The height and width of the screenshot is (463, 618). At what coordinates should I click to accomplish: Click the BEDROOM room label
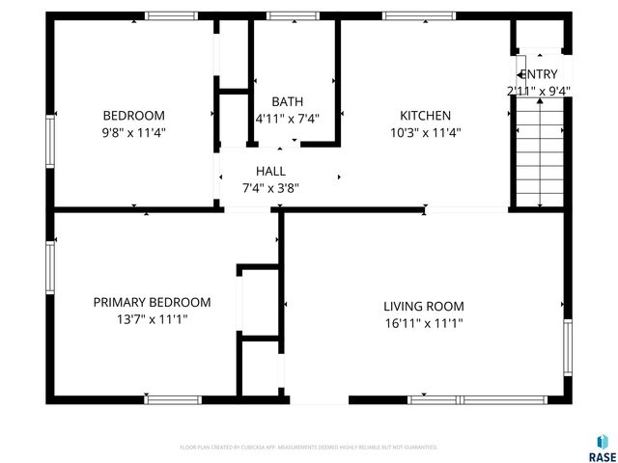(133, 116)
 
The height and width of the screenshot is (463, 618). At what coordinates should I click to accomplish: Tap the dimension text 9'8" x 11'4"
(133, 133)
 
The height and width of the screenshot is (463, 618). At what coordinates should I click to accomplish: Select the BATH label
(287, 101)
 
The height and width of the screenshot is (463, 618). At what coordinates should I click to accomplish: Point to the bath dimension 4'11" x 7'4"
(287, 119)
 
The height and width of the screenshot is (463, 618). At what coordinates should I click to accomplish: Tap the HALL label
(270, 171)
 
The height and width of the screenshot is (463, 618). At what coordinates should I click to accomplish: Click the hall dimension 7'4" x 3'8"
(270, 188)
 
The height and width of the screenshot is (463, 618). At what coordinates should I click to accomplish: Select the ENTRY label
(539, 74)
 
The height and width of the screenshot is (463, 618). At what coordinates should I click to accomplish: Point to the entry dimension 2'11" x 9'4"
(539, 92)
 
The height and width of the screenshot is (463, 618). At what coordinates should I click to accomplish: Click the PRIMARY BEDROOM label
(152, 302)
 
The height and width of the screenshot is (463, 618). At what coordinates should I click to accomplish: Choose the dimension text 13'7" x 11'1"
(152, 319)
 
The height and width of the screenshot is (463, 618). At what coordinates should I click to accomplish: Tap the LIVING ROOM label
(424, 307)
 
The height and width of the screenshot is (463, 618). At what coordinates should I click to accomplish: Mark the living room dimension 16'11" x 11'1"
(424, 324)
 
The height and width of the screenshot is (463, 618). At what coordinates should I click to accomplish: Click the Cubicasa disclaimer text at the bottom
(309, 448)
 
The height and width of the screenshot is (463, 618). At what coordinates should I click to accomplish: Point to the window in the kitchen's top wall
(418, 15)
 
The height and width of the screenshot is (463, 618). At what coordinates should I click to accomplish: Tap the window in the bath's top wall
(293, 15)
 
